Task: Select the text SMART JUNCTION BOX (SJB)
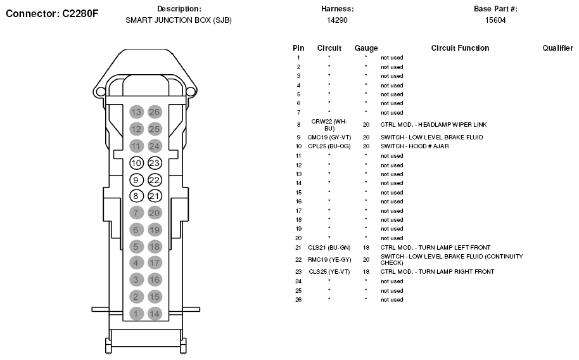pos(179,20)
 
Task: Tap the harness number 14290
pos(337,20)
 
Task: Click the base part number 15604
pos(495,20)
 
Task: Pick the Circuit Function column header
pos(460,48)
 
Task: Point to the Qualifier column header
pos(557,48)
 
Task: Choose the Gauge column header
pos(366,48)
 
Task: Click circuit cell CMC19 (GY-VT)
pos(329,137)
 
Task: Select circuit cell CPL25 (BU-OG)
pos(329,146)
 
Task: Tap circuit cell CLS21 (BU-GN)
pos(329,247)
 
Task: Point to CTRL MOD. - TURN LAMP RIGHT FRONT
pos(437,272)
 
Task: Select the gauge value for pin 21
pos(366,247)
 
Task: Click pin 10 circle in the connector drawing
pos(136,163)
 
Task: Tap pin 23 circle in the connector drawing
pos(155,163)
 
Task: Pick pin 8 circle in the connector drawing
pos(136,196)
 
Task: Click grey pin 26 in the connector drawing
pos(155,112)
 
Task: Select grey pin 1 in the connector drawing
pos(136,313)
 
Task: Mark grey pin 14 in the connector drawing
pos(155,313)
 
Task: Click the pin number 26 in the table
pos(298,300)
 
